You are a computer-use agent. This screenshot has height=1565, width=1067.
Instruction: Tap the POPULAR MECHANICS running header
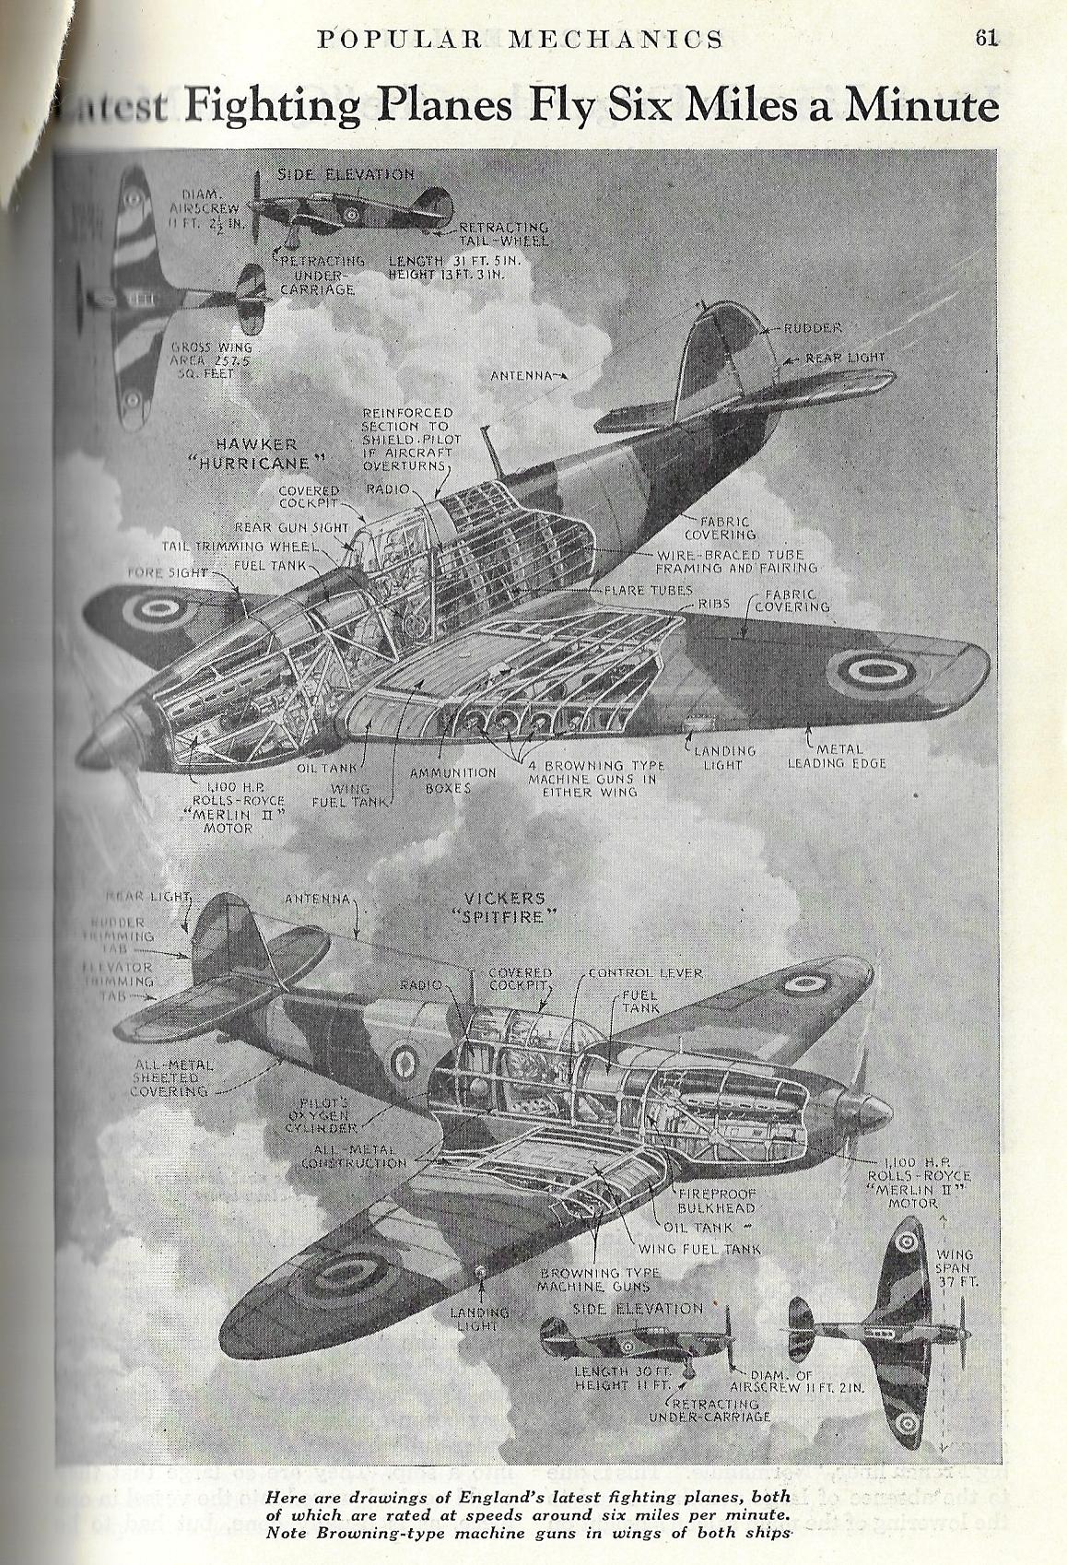[520, 39]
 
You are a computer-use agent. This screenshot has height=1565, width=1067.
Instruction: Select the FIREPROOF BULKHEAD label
[716, 1200]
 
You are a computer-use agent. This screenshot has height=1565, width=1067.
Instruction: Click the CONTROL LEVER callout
[645, 972]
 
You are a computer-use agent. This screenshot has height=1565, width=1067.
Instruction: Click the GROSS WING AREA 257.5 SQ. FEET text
[211, 360]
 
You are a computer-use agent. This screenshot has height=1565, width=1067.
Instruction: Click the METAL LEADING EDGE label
[836, 756]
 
